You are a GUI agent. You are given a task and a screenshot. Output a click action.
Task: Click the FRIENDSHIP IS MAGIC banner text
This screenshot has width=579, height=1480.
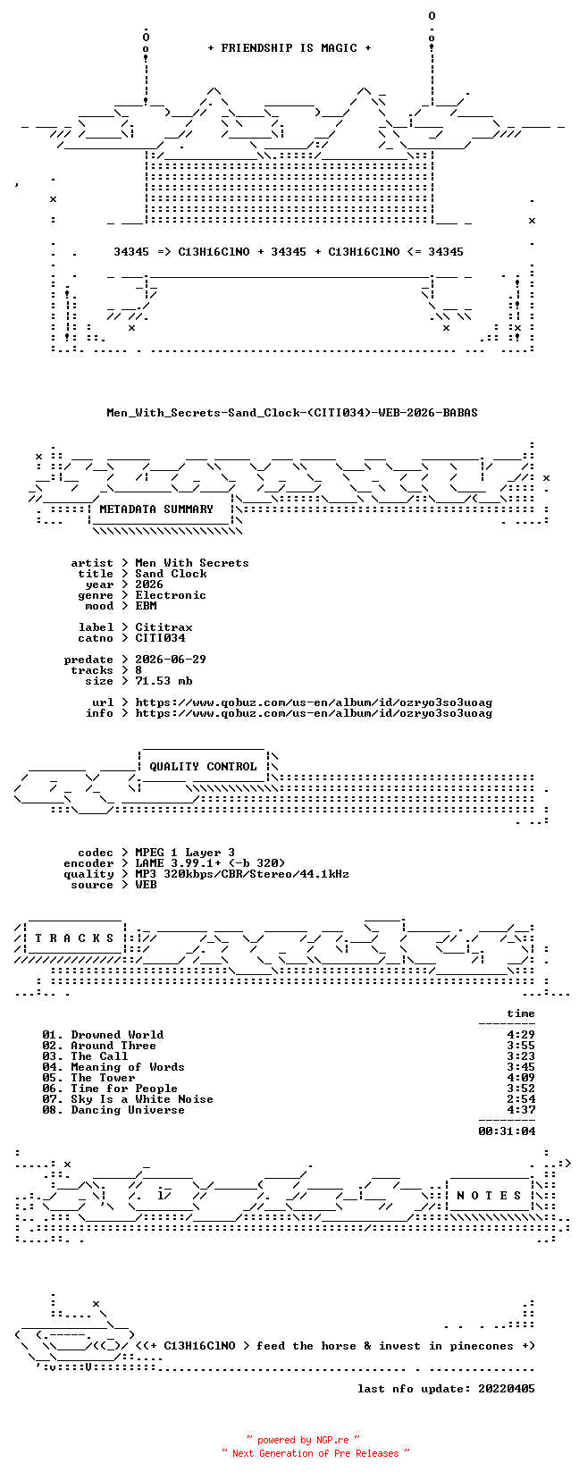[x=289, y=48]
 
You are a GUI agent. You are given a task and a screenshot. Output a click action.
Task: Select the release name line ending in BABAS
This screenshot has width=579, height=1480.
[x=292, y=413]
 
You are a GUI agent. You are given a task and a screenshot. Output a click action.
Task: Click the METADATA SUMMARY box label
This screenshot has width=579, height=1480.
[x=156, y=509]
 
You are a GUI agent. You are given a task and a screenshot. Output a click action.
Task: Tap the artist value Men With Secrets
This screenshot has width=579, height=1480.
[x=192, y=563]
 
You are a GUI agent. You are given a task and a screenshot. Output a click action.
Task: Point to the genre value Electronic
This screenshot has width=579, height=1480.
[x=171, y=595]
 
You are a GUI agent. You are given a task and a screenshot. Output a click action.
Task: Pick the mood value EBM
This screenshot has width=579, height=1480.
[x=146, y=606]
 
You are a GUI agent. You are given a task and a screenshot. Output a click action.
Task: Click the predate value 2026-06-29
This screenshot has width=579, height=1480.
[x=171, y=660]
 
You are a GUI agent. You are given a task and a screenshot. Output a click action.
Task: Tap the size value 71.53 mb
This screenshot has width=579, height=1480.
[x=164, y=680]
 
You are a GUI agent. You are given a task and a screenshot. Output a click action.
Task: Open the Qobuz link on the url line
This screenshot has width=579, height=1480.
[x=314, y=702]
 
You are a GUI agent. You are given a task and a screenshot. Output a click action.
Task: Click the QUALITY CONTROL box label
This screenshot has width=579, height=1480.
[x=203, y=767]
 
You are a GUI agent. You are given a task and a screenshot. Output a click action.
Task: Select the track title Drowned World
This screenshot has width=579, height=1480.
[x=118, y=1035]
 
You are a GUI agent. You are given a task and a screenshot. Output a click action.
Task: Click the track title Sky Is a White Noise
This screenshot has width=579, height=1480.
[x=142, y=1098]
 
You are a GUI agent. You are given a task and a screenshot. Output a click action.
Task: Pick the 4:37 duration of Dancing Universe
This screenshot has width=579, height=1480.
[x=521, y=1110]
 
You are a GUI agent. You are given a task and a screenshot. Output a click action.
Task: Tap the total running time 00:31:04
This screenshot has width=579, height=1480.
[x=507, y=1131]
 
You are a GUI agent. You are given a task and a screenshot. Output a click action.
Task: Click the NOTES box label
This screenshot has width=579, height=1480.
[x=489, y=1196]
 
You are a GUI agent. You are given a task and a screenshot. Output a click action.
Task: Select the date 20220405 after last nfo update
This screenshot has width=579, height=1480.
[x=507, y=1389]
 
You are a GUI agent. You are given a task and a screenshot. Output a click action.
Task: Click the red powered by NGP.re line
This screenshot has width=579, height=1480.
[x=303, y=1440]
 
